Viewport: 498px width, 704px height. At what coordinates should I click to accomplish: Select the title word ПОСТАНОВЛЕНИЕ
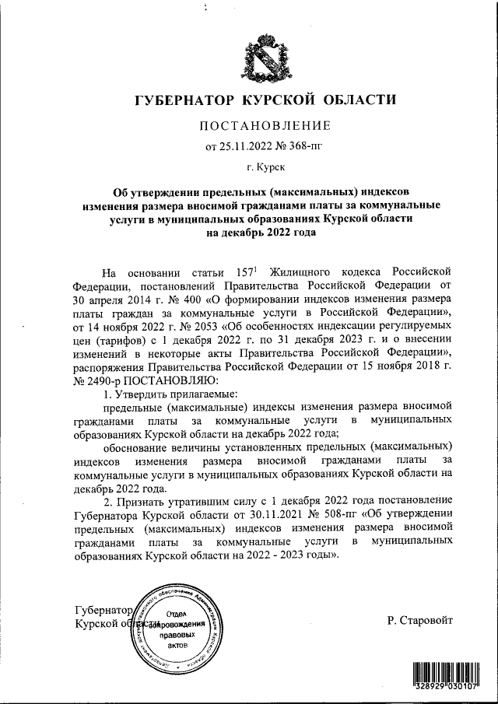click(x=266, y=125)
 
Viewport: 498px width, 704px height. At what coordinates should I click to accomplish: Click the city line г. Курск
click(x=265, y=166)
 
